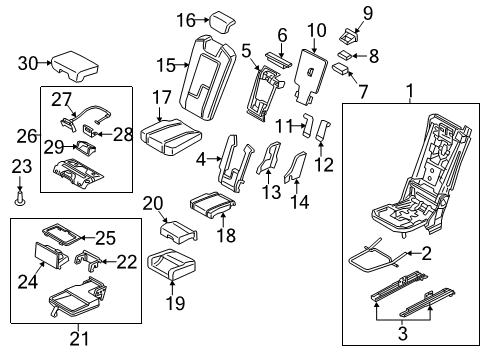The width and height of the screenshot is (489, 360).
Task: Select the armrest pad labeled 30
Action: (74, 65)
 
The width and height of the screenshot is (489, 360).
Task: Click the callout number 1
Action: (408, 93)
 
